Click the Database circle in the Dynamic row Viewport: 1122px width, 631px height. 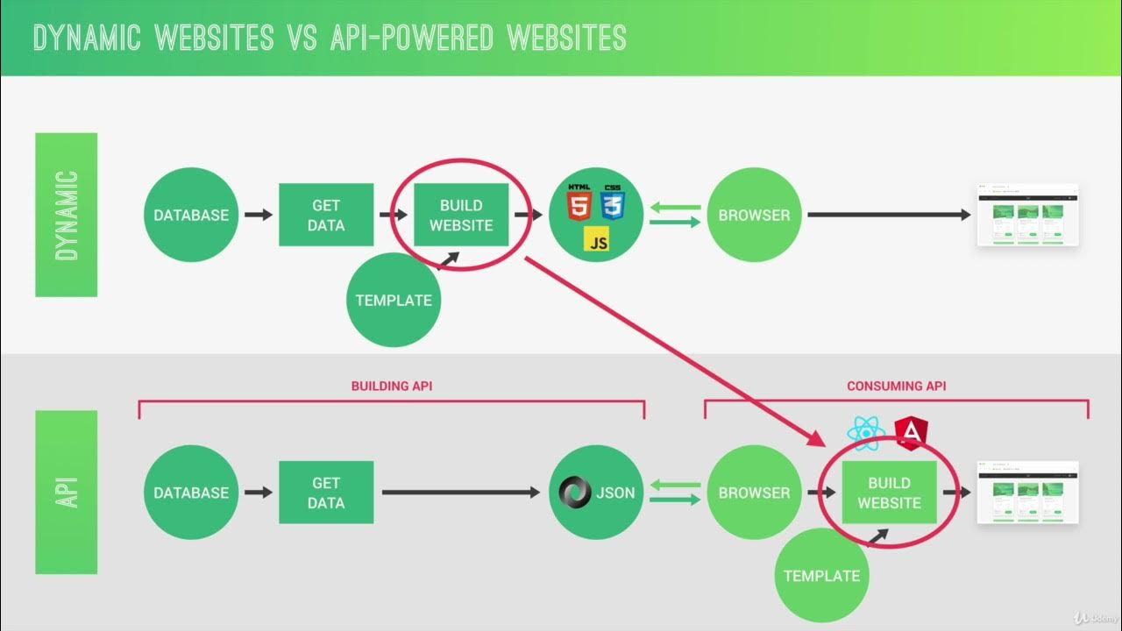(x=191, y=215)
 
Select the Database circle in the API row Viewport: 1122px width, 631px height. (x=191, y=493)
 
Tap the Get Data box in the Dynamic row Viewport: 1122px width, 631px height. (x=326, y=215)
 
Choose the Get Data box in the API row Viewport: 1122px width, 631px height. (x=326, y=493)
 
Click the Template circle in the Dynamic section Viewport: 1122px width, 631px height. (x=394, y=300)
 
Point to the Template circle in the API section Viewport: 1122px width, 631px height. (x=821, y=576)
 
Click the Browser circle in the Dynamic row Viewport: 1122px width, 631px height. (x=754, y=215)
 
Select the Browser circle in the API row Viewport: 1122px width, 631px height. (x=754, y=493)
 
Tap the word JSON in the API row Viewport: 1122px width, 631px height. (x=615, y=493)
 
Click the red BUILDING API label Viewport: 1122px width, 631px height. (x=392, y=386)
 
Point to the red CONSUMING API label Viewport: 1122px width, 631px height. (x=896, y=386)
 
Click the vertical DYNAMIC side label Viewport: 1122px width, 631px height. (x=67, y=215)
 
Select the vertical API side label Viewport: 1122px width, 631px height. (x=67, y=493)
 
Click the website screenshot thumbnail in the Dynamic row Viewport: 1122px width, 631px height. (x=1028, y=216)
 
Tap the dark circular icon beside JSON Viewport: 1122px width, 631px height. (x=576, y=493)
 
